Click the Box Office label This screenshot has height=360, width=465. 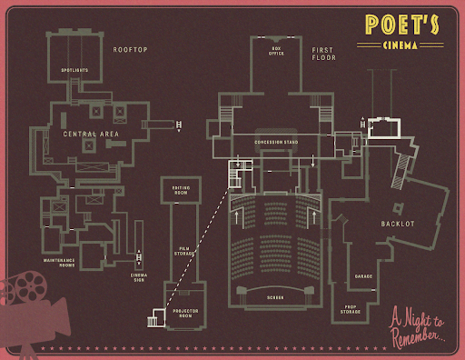tap(277, 52)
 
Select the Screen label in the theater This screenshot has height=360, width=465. tap(276, 298)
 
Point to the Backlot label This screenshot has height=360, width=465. tap(397, 223)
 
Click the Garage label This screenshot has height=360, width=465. tap(363, 275)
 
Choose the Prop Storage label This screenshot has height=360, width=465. tap(351, 310)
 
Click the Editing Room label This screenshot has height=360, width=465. tap(181, 190)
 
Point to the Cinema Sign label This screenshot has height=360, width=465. tap(139, 275)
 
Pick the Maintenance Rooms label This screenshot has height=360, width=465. tap(58, 262)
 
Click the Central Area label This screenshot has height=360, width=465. tap(91, 134)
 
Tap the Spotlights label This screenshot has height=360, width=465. tap(74, 69)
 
